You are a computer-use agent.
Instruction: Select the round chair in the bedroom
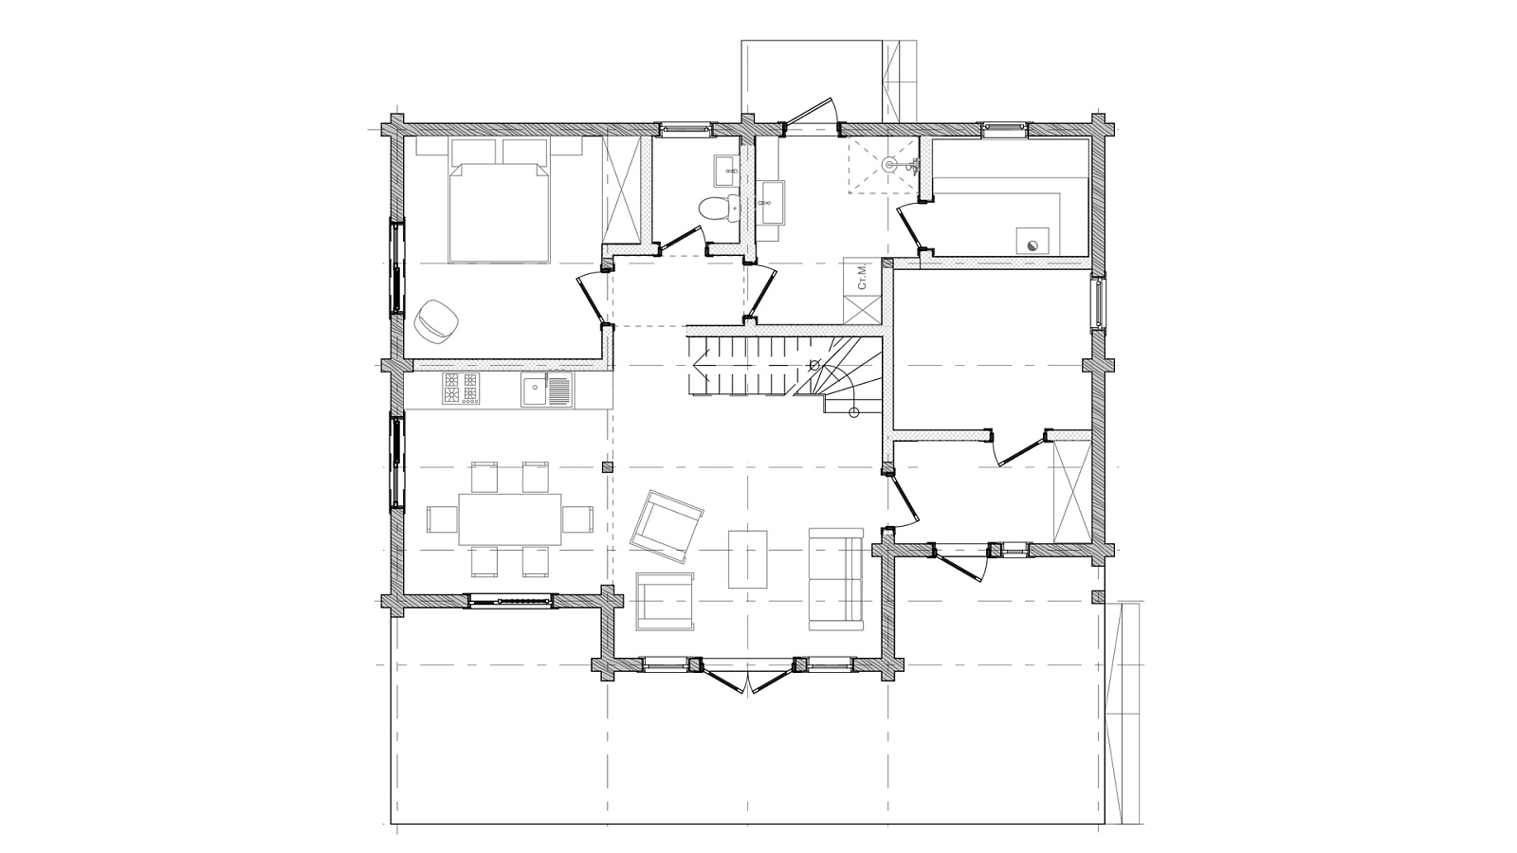click(x=437, y=319)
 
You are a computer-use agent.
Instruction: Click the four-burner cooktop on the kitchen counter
click(x=461, y=389)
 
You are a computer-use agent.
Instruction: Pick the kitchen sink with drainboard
click(x=546, y=390)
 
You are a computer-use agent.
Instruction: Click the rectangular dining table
click(x=510, y=519)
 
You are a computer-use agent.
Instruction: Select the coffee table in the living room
click(x=748, y=559)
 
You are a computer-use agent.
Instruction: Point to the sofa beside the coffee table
click(x=835, y=579)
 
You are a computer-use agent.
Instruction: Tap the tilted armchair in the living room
click(x=667, y=527)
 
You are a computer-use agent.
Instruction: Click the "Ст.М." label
click(x=862, y=277)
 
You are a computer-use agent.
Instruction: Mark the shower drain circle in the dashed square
click(x=890, y=163)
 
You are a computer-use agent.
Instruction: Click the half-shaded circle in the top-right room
click(x=1033, y=245)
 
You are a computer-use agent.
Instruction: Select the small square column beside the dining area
click(x=608, y=466)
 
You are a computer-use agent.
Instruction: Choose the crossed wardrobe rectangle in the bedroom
click(x=621, y=190)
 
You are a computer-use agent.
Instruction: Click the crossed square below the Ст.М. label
click(x=862, y=310)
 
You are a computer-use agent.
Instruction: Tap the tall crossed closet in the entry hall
click(x=1072, y=491)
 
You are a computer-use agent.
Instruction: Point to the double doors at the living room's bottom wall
click(x=747, y=676)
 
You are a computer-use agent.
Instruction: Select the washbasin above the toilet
click(x=725, y=171)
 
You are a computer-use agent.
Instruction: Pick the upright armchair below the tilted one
click(x=665, y=601)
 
